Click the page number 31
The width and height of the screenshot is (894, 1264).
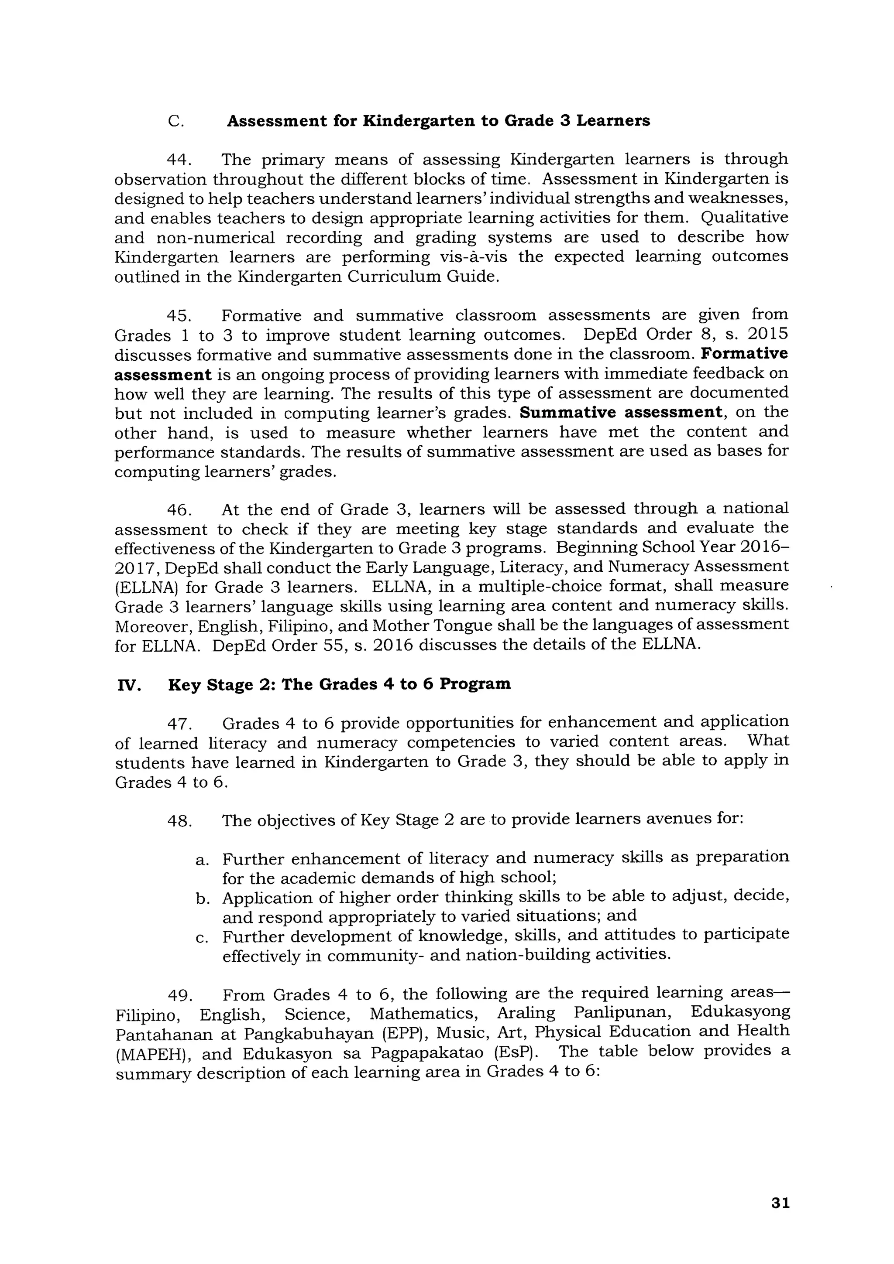point(781,1203)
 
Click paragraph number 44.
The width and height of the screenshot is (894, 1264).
point(179,160)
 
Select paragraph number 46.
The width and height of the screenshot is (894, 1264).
point(179,510)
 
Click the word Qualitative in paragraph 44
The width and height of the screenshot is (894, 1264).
point(744,218)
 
